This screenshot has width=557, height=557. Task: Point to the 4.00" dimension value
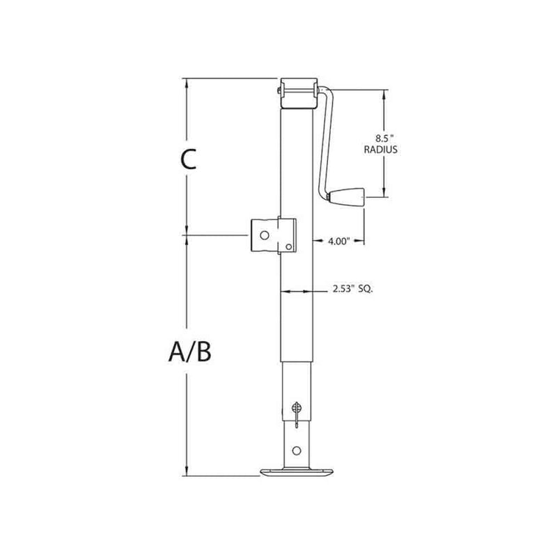(x=338, y=241)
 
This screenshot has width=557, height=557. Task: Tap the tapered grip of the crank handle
(x=346, y=198)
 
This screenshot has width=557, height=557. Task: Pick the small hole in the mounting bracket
(x=288, y=245)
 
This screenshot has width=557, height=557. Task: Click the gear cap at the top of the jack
(x=299, y=93)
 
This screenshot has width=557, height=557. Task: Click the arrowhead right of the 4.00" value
(x=363, y=241)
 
